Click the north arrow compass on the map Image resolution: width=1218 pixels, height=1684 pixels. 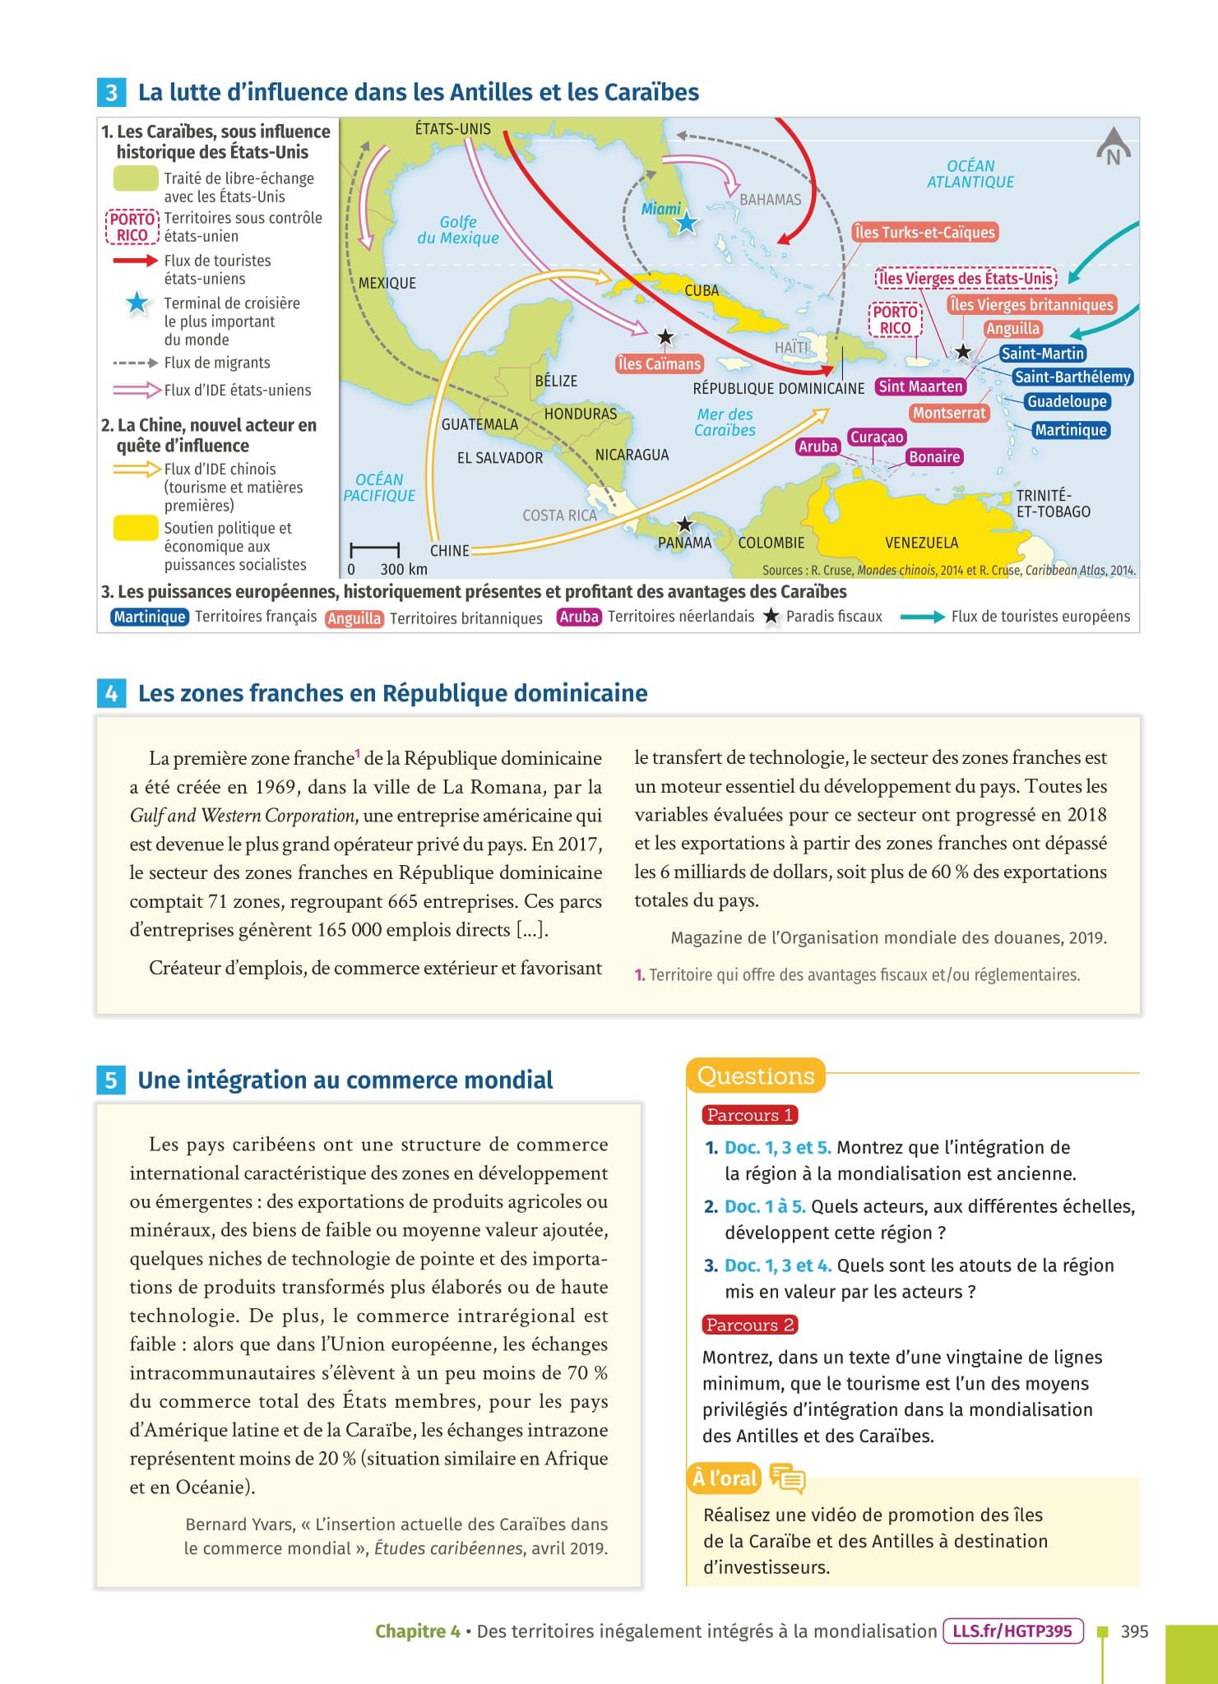tap(1113, 147)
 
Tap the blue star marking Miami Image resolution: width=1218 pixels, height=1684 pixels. tap(687, 222)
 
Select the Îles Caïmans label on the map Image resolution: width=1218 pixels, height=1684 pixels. tap(659, 363)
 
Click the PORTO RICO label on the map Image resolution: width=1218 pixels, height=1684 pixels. tap(895, 320)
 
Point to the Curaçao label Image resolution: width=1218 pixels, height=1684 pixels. tap(877, 437)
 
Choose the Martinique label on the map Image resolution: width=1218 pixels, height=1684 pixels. tap(1070, 430)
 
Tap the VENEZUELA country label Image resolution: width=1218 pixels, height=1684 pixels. tap(921, 543)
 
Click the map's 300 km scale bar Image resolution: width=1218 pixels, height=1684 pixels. tap(375, 549)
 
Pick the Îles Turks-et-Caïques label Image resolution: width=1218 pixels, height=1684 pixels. tap(924, 233)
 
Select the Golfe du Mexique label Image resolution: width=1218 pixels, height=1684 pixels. tap(458, 230)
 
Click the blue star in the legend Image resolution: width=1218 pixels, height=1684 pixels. tap(137, 303)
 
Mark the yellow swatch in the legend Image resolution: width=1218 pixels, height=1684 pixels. tap(136, 528)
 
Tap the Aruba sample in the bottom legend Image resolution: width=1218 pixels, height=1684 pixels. tap(579, 617)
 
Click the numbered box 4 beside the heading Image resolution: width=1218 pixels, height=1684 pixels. tap(111, 694)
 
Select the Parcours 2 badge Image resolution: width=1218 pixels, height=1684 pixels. tap(749, 1325)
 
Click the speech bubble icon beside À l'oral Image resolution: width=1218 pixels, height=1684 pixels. tap(787, 1478)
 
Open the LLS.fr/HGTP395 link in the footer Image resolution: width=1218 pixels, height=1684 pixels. tap(1012, 1631)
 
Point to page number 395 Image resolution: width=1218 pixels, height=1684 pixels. tap(1134, 1631)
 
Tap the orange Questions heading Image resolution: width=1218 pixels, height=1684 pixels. tap(756, 1076)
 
